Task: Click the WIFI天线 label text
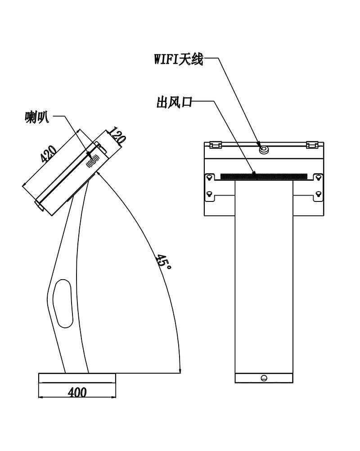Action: click(178, 59)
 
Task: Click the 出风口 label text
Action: click(174, 102)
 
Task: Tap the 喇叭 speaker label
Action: click(37, 117)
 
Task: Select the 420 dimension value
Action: click(48, 154)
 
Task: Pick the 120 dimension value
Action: click(117, 136)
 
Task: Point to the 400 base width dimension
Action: click(77, 393)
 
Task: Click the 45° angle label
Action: click(163, 261)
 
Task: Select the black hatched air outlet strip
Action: click(264, 176)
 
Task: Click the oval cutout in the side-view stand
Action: click(63, 303)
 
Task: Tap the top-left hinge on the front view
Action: click(215, 145)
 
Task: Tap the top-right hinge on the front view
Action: click(312, 145)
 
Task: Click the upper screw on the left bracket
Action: click(210, 178)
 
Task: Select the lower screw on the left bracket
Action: click(210, 193)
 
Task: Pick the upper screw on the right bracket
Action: click(318, 178)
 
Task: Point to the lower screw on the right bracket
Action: click(318, 193)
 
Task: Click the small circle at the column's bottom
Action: click(264, 378)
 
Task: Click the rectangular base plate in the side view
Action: click(77, 378)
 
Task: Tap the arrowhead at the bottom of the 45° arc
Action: click(180, 370)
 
